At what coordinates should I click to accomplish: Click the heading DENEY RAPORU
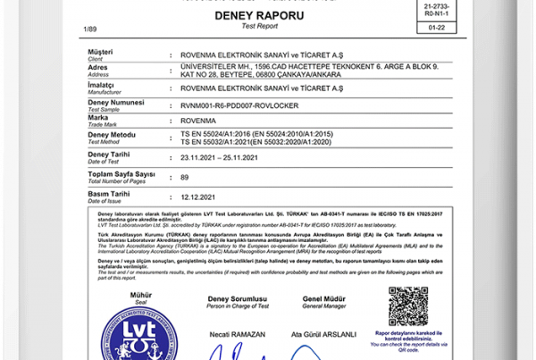260,16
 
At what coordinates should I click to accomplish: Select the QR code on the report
408,306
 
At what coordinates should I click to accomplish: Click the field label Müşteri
100,53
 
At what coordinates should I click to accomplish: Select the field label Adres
99,67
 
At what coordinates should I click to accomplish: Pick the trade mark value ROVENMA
197,119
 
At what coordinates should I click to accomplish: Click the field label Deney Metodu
113,134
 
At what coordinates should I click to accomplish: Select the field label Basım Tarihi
109,193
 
